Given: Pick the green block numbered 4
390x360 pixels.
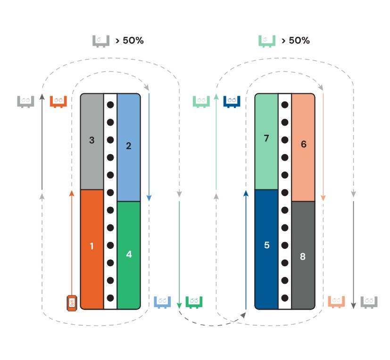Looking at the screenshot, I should [x=129, y=255].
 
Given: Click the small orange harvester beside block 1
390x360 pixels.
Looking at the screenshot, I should [x=72, y=303].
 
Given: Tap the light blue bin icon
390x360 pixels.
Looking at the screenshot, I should [x=162, y=301].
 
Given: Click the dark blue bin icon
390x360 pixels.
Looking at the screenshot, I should [x=232, y=101].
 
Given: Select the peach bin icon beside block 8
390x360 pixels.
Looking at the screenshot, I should [x=337, y=301].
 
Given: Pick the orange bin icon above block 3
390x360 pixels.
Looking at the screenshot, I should [x=58, y=101].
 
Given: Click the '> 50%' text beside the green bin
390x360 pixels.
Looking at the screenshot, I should [x=295, y=41].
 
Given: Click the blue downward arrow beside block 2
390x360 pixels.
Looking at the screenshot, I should [x=149, y=146].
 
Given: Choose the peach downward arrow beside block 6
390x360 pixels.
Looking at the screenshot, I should [x=323, y=146].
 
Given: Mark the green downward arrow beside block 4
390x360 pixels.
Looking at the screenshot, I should [x=179, y=254].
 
